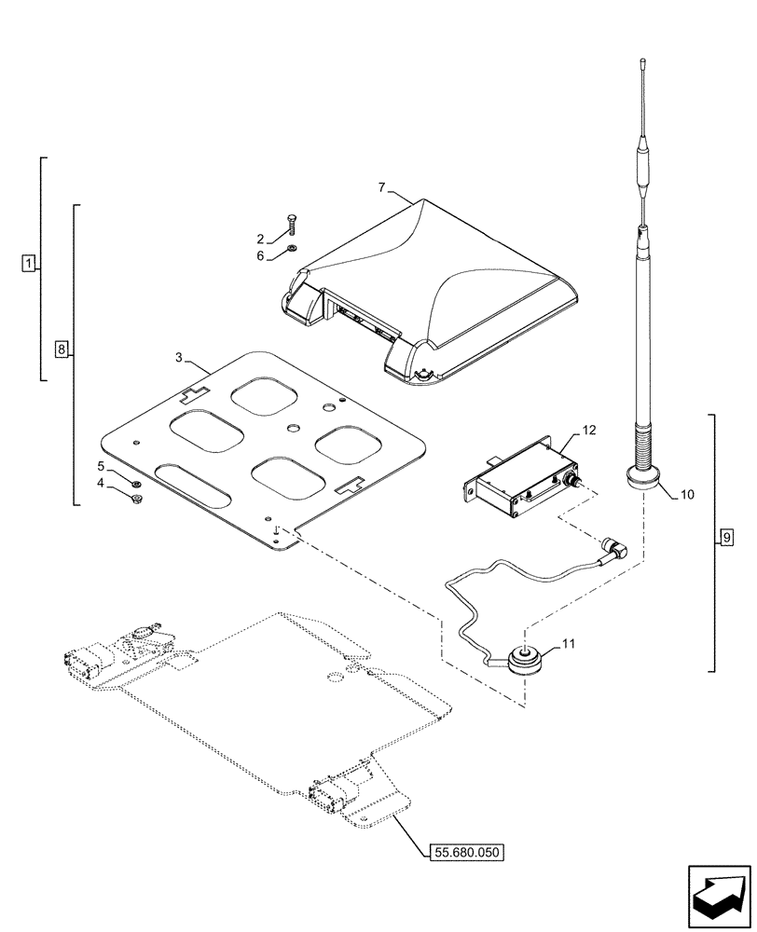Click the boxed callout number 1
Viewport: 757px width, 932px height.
pyautogui.click(x=29, y=264)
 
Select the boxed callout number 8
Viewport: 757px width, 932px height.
pyautogui.click(x=62, y=350)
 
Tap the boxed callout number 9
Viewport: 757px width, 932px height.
pyautogui.click(x=726, y=538)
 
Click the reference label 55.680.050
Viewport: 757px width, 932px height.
pyautogui.click(x=466, y=851)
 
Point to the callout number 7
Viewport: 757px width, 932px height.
pyautogui.click(x=382, y=188)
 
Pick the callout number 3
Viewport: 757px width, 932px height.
pyautogui.click(x=178, y=357)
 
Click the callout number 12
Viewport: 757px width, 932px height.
pyautogui.click(x=588, y=430)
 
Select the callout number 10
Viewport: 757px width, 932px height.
pyautogui.click(x=687, y=494)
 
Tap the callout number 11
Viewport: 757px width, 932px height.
pyautogui.click(x=570, y=642)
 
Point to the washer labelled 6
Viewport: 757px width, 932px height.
pyautogui.click(x=293, y=249)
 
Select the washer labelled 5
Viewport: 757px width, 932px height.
pyautogui.click(x=136, y=484)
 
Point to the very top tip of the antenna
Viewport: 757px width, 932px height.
pyautogui.click(x=642, y=62)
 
